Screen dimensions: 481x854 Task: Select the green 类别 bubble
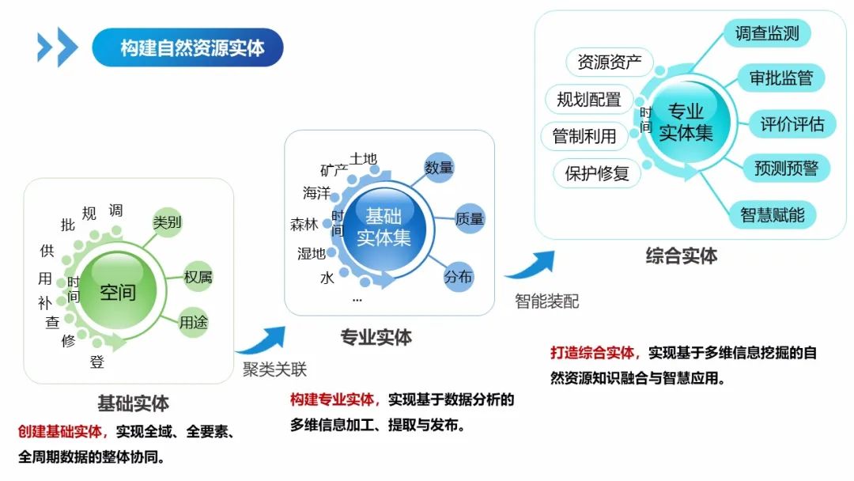(x=167, y=222)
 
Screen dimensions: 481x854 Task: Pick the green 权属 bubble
(x=198, y=277)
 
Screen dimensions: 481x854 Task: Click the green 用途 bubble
(x=193, y=323)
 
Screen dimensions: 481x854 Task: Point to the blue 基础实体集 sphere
(x=384, y=226)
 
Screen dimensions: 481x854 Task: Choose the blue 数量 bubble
(x=439, y=168)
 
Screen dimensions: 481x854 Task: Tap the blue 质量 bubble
(x=470, y=219)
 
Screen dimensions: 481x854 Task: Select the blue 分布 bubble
(x=458, y=277)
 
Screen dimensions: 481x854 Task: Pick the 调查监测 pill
(x=766, y=33)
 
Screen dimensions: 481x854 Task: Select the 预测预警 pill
(x=786, y=168)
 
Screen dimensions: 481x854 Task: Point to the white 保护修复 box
(x=597, y=173)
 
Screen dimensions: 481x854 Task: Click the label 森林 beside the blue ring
(x=304, y=225)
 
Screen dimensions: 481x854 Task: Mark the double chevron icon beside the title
(x=58, y=47)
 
